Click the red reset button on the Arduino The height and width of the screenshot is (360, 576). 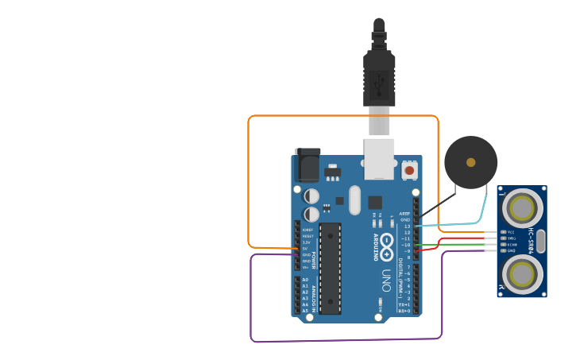[409, 169]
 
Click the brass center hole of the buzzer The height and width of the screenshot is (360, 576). [471, 162]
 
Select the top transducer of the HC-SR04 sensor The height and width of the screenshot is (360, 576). [522, 208]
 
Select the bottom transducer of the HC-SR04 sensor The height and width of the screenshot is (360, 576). [522, 274]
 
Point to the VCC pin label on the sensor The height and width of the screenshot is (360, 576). [511, 231]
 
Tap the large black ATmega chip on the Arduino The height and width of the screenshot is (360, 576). [330, 269]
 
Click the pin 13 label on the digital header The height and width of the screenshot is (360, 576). [407, 226]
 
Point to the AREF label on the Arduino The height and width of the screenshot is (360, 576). [405, 214]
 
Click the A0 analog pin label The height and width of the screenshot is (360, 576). [305, 280]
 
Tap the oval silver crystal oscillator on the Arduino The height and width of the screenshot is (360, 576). [354, 200]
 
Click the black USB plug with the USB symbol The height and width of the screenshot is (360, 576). [379, 79]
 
